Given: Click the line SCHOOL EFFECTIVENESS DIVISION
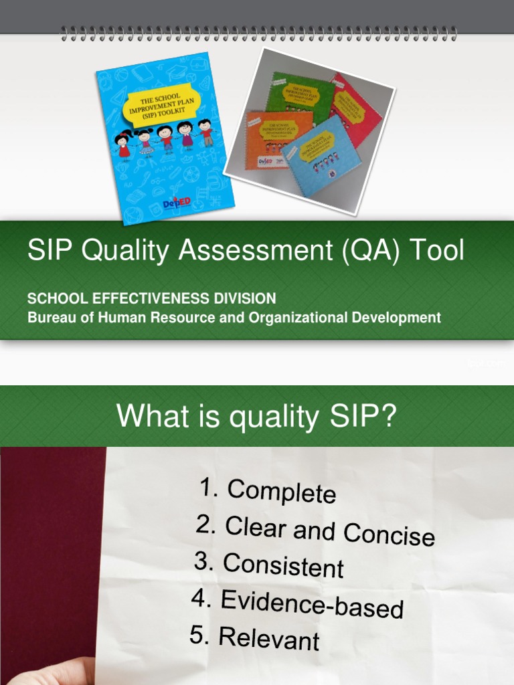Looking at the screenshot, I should [151, 298].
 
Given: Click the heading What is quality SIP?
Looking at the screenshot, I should [256, 417].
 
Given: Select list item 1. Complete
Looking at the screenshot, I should [268, 492].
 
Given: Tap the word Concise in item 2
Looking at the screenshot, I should [389, 534].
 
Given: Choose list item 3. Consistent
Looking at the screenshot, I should [269, 565].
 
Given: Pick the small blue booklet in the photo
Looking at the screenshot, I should [321, 161].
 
